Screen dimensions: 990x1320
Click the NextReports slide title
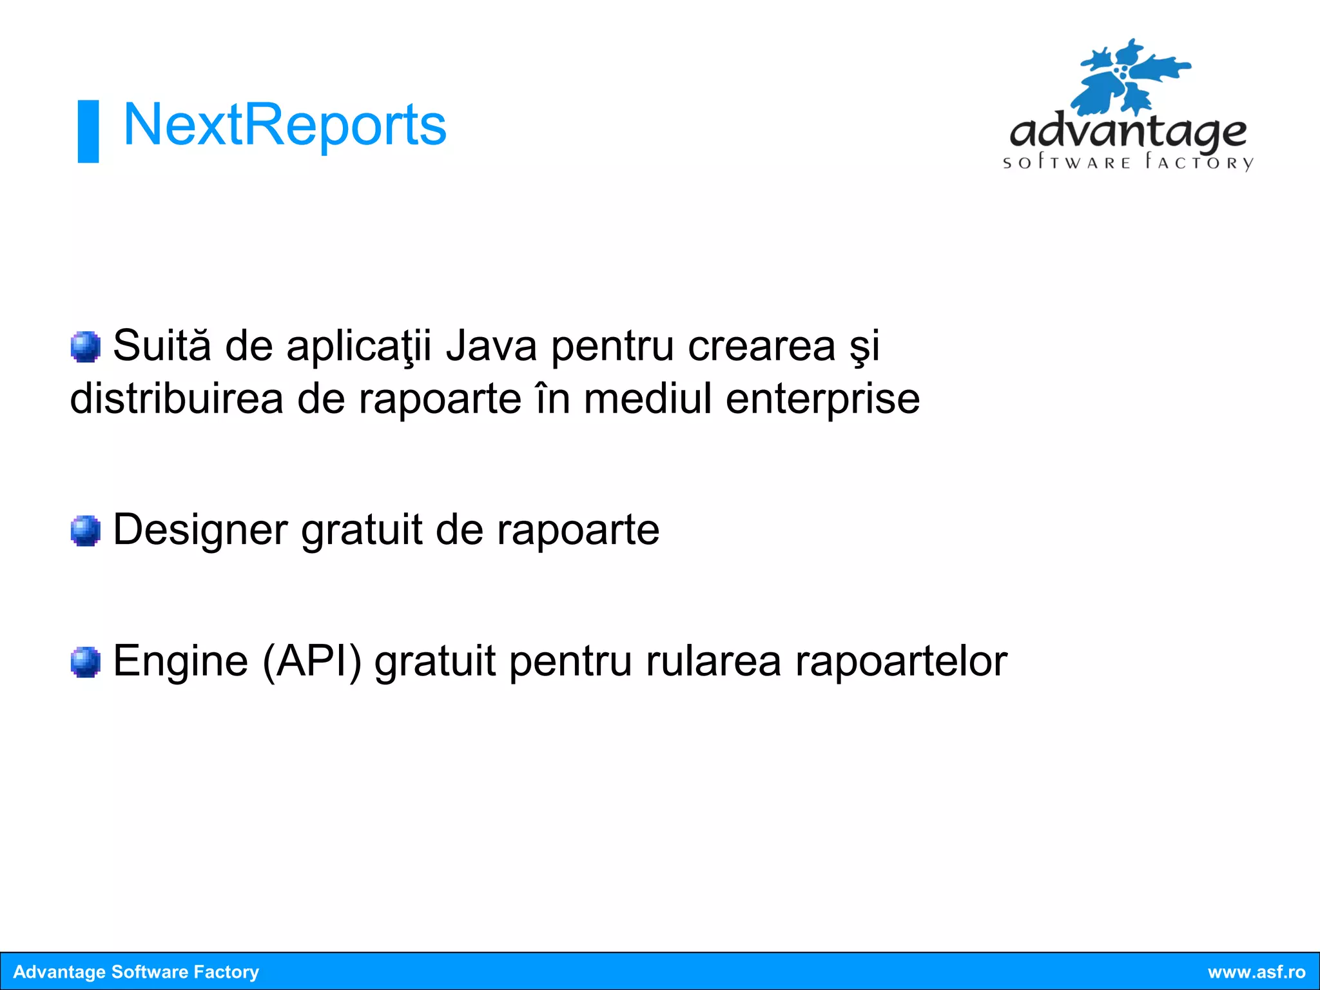284,125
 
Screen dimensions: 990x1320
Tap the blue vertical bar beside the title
88,131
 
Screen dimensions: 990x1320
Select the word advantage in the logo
1128,132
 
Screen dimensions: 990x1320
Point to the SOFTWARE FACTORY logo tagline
1128,162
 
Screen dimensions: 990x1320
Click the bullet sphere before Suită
85,347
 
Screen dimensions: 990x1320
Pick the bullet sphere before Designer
85,530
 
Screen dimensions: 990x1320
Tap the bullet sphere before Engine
85,662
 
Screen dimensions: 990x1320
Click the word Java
491,346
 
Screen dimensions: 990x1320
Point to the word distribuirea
177,399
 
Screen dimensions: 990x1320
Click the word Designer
200,530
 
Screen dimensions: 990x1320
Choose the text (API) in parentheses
312,662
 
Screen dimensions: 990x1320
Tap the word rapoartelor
901,662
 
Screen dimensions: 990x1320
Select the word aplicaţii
358,347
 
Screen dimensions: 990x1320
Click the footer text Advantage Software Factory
136,972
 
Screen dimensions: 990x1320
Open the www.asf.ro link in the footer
1256,972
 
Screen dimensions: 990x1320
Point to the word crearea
761,347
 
